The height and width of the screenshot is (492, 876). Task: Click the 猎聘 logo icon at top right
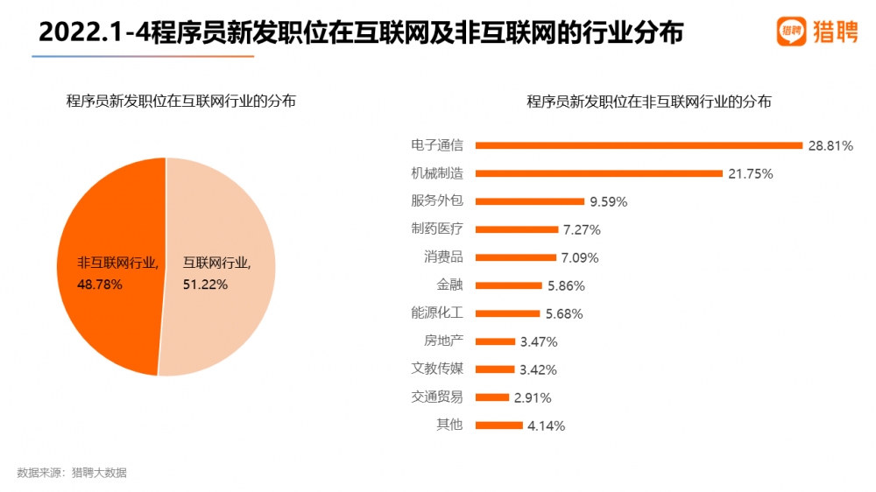coord(791,32)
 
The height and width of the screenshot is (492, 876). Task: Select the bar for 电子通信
coord(638,145)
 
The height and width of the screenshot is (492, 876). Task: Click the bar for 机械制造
coord(598,173)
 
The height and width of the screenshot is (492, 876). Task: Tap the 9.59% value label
coord(609,201)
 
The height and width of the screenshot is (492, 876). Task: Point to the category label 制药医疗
coord(437,228)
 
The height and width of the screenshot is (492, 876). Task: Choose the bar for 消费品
coord(515,257)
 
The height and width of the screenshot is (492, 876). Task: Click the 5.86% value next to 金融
coord(565,285)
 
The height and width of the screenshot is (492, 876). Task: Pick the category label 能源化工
coord(437,313)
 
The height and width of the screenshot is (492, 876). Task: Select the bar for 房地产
coord(495,341)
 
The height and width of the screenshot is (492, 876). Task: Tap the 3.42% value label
coord(539,369)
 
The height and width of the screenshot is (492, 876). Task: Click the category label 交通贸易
coord(437,397)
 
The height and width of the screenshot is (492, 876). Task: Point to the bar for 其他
coord(498,425)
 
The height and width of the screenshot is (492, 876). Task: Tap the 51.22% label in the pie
coord(205,284)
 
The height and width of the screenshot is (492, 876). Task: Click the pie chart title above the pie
coord(181,102)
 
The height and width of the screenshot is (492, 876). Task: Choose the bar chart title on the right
coord(649,102)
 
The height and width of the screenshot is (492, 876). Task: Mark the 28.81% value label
coord(830,145)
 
